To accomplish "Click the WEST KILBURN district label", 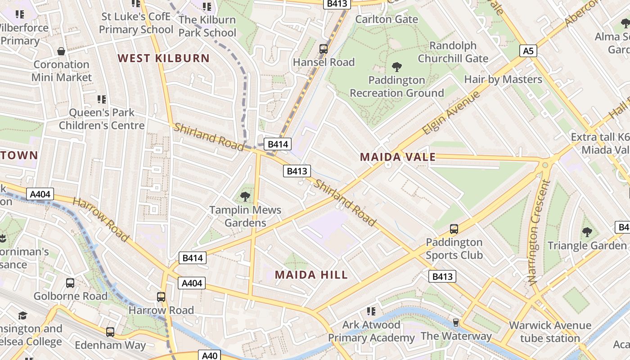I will (x=164, y=58).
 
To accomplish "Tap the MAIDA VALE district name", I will (x=398, y=157).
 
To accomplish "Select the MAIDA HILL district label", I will (x=311, y=275).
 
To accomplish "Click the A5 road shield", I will (x=528, y=51).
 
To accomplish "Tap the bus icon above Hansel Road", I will (x=324, y=49).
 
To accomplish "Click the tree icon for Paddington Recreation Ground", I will (x=397, y=67).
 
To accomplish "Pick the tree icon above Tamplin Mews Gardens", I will (x=245, y=197).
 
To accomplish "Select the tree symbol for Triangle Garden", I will (x=587, y=232).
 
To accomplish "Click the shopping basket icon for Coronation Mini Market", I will (x=61, y=52).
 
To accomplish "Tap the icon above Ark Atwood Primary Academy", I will (x=371, y=311).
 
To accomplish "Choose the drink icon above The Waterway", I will (x=456, y=323).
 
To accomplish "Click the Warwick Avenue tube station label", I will (x=550, y=332).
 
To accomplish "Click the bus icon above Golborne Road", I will (x=70, y=283).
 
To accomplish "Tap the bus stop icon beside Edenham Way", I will (x=110, y=332).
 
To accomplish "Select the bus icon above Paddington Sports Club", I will (x=454, y=229).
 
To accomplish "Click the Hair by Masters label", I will (x=503, y=80).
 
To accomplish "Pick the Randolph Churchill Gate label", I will (x=453, y=52).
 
